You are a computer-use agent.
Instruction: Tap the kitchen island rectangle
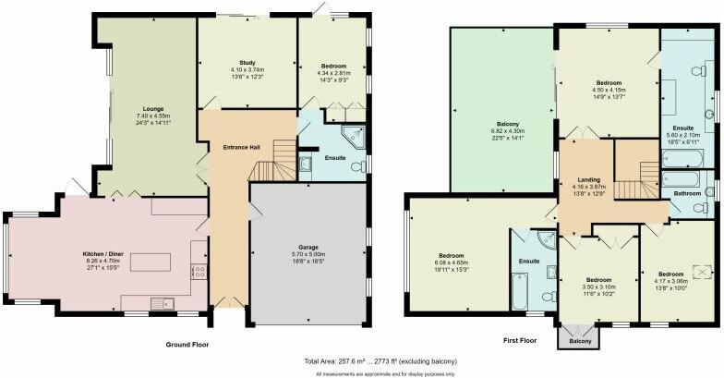pyautogui.click(x=152, y=262)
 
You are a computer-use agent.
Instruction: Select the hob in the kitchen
pyautogui.click(x=197, y=271)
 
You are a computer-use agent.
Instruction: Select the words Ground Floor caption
pyautogui.click(x=187, y=344)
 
